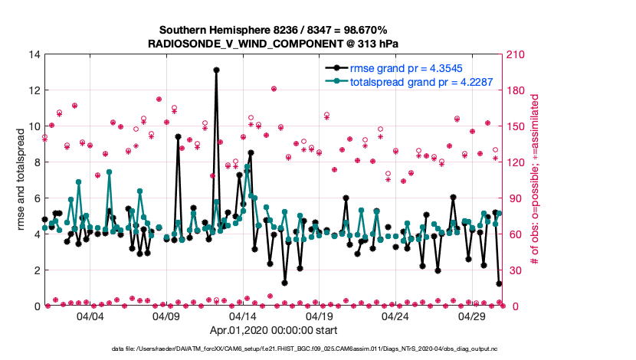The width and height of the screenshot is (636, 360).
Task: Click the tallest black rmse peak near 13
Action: coord(217,70)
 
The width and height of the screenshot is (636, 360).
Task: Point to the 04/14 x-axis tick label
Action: coord(243,316)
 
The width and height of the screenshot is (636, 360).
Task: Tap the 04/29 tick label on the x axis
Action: coord(473,316)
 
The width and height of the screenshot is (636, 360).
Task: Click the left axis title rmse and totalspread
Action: coord(21,180)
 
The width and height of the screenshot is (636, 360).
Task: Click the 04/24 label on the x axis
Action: coord(396,316)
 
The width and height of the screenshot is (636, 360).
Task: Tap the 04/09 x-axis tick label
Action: coord(166,316)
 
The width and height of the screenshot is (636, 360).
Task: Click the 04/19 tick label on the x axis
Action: coord(320,316)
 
